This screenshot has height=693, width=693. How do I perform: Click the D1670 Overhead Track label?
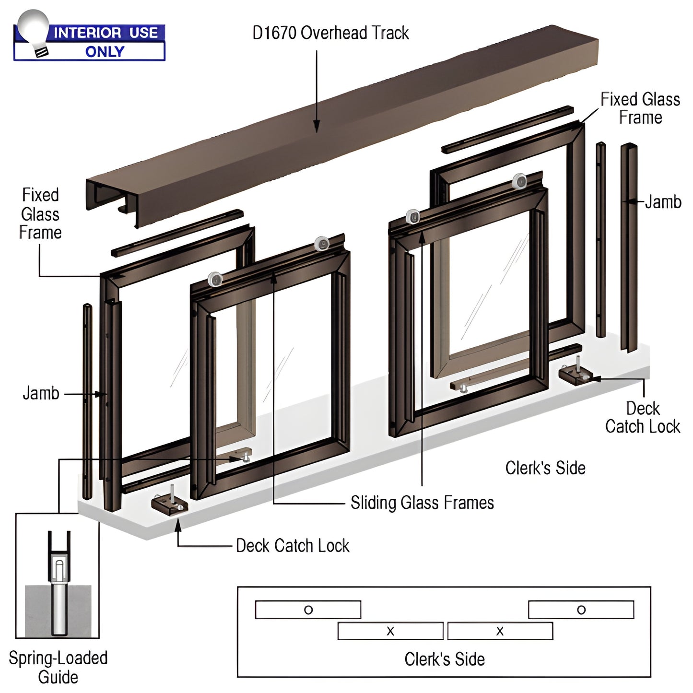(x=330, y=33)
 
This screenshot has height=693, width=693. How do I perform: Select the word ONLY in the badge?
(x=105, y=51)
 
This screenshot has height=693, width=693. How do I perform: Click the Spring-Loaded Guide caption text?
(x=58, y=667)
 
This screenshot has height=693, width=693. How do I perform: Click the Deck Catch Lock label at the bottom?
(x=293, y=546)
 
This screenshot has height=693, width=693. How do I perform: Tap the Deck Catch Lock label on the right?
(x=642, y=417)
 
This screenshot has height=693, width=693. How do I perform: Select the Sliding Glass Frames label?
(x=422, y=503)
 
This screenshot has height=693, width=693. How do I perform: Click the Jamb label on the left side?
(x=41, y=393)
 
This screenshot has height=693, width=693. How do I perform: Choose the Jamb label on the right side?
(x=663, y=202)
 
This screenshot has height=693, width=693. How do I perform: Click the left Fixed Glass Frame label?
(x=40, y=214)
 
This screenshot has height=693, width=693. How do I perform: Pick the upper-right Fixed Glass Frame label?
(x=640, y=108)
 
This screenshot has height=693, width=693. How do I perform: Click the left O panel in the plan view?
(x=308, y=610)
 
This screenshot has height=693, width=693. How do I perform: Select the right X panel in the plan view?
(x=500, y=631)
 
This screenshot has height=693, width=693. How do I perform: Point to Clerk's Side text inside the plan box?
(x=444, y=659)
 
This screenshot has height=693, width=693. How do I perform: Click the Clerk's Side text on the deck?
(x=545, y=468)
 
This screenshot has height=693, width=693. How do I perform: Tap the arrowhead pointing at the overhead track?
(x=317, y=127)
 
